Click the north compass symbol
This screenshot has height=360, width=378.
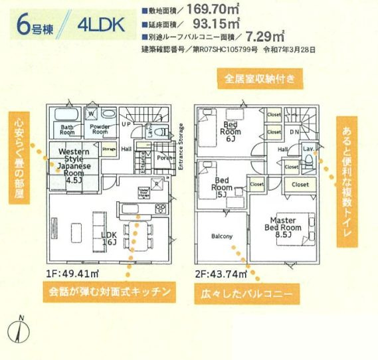[19, 330]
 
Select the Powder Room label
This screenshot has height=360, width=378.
[100, 128]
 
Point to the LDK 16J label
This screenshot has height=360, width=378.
[110, 238]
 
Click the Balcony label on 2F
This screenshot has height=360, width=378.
[222, 236]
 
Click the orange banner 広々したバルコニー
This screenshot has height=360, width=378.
[244, 292]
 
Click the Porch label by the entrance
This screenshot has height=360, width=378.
[163, 158]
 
